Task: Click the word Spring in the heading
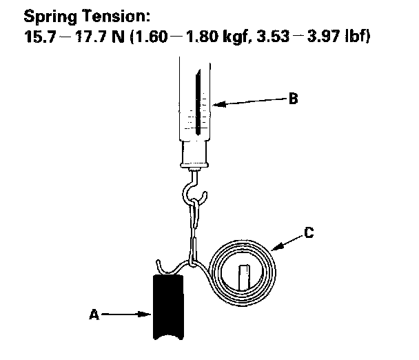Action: tap(48, 15)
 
